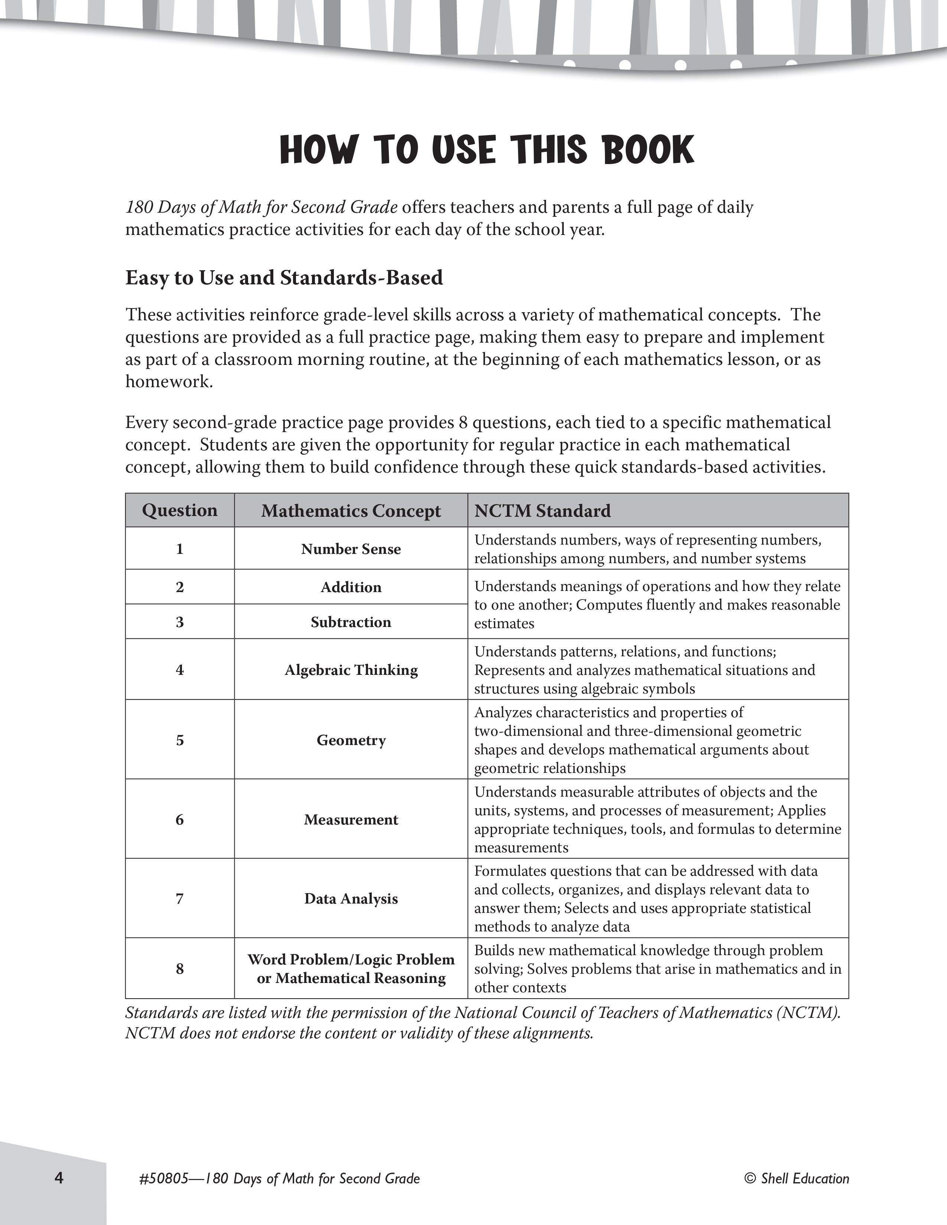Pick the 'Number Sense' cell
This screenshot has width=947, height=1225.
tap(351, 549)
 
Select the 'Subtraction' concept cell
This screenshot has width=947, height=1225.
tap(351, 622)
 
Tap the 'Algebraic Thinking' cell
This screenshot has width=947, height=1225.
tap(351, 670)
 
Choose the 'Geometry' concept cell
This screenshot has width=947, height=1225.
tap(351, 740)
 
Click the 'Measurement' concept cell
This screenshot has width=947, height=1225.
tap(351, 820)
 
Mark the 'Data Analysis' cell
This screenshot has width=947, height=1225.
tap(351, 899)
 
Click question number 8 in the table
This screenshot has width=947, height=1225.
tap(179, 968)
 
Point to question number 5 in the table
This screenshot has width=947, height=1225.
tap(179, 740)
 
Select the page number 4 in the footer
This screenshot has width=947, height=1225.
tap(59, 1177)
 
